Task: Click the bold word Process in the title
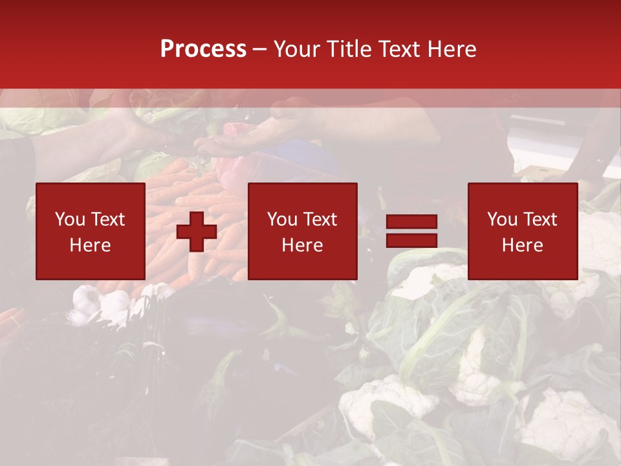(203, 49)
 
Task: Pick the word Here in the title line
(452, 49)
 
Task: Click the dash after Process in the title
(259, 50)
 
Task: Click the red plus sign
(197, 232)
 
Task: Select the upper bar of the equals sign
(411, 222)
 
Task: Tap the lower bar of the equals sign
(411, 241)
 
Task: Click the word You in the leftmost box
(71, 219)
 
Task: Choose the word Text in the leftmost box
(107, 219)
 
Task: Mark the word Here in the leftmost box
(90, 245)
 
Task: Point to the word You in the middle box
(283, 219)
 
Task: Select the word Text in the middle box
(320, 219)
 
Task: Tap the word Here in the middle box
(302, 245)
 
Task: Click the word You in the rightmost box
(503, 219)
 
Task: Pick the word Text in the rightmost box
(539, 219)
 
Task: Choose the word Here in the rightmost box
(522, 245)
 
